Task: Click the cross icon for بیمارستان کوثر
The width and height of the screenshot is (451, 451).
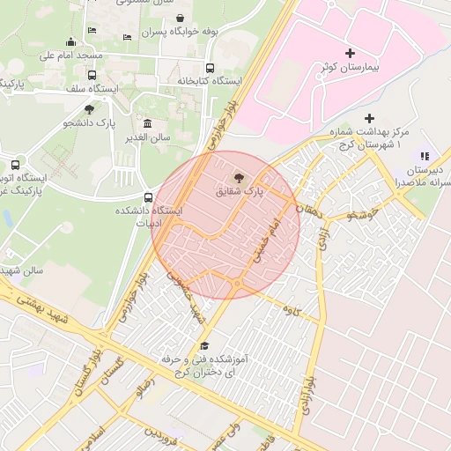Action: (350, 54)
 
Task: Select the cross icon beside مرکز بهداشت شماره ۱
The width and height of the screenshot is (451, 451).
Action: (369, 118)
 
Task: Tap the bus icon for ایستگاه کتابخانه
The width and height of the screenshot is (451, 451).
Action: (210, 68)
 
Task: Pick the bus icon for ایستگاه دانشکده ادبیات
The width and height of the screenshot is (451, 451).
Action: (147, 197)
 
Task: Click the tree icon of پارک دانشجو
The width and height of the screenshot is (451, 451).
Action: (89, 109)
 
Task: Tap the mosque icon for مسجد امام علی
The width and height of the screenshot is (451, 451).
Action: (71, 41)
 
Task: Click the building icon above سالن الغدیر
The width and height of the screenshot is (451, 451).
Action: (146, 123)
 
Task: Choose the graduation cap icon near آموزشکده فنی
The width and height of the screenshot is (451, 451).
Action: (205, 345)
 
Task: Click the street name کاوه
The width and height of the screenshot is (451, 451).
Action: (288, 310)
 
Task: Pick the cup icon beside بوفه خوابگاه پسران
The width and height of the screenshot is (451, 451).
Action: (181, 18)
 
